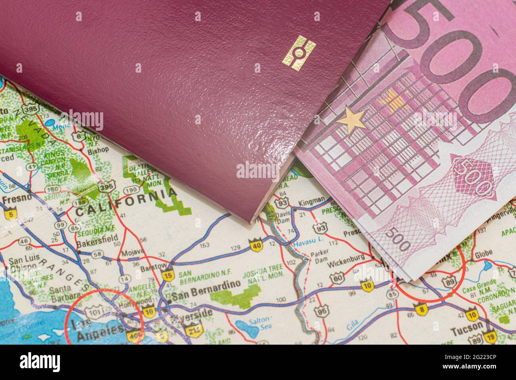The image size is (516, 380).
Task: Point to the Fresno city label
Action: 17,199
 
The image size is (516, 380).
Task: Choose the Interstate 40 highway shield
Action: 257,245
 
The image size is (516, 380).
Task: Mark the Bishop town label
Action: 98,150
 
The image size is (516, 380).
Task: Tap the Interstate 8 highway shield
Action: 420,309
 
